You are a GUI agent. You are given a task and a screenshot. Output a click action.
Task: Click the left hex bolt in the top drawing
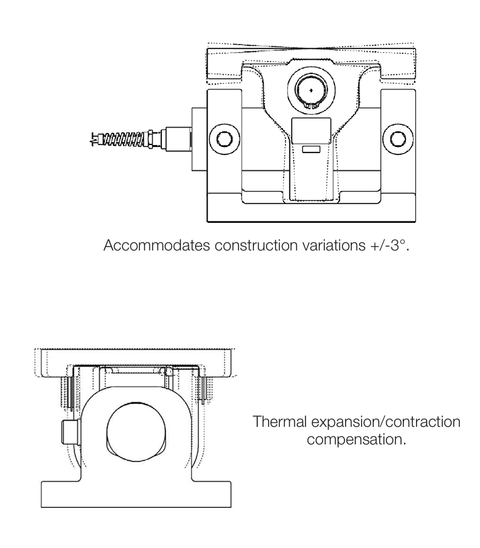(223, 137)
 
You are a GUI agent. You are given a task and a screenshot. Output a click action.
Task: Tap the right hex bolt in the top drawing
(398, 137)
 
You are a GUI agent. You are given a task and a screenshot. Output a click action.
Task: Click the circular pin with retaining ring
(311, 92)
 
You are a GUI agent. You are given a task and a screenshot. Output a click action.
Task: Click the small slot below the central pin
(311, 149)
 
